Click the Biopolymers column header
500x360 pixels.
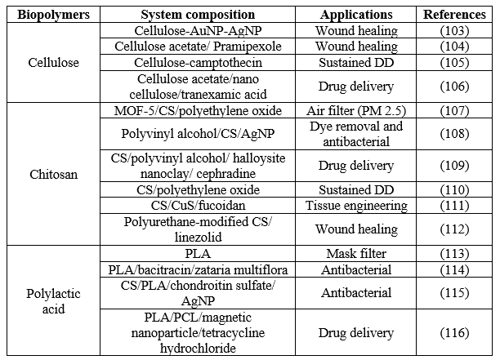[54, 15]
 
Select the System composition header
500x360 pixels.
[198, 15]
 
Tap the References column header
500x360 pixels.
[454, 15]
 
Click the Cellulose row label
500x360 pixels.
[54, 62]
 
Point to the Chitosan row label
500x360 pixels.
[54, 174]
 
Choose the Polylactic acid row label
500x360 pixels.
[54, 301]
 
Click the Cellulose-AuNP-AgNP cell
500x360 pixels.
[198, 31]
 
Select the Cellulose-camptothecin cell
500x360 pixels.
[198, 63]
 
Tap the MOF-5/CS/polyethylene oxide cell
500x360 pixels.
[198, 111]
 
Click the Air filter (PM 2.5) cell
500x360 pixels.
[356, 111]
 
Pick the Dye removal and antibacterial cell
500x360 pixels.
[356, 134]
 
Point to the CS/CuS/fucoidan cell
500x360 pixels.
[198, 206]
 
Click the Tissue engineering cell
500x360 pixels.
[356, 206]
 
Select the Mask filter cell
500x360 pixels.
[356, 254]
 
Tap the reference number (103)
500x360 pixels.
[454, 31]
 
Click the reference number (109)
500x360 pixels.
[454, 166]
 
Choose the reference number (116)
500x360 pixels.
[454, 333]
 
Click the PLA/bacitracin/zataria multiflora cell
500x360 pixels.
[198, 270]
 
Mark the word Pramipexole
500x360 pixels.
[248, 47]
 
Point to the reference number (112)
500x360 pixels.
[454, 229]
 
